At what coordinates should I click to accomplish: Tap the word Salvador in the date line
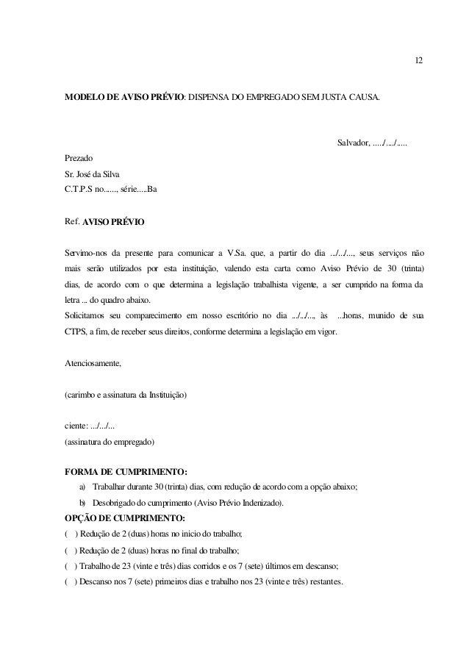353,141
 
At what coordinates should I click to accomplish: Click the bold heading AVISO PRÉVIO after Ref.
113,221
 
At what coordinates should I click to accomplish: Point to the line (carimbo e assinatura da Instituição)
126,395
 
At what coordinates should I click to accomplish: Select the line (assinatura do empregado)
110,442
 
